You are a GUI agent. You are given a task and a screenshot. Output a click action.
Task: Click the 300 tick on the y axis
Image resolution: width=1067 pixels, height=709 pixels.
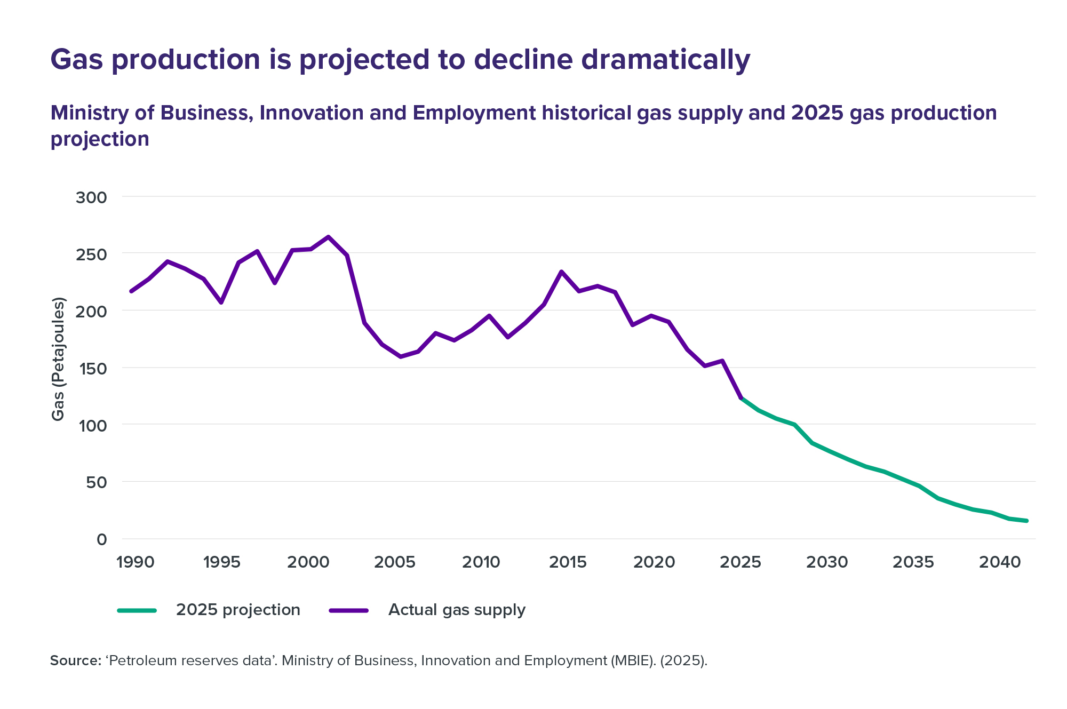pyautogui.click(x=91, y=197)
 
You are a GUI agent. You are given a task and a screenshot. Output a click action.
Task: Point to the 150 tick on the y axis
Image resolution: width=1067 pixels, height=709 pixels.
pyautogui.click(x=91, y=368)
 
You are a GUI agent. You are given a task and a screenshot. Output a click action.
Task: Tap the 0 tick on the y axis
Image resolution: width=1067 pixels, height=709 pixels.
pyautogui.click(x=102, y=539)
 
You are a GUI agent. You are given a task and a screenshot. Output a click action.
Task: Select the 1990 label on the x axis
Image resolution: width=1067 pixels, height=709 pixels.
pyautogui.click(x=136, y=562)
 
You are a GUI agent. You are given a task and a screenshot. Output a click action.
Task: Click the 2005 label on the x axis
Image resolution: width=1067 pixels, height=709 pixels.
pyautogui.click(x=395, y=562)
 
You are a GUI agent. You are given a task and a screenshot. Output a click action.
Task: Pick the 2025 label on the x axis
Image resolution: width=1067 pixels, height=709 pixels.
pyautogui.click(x=740, y=562)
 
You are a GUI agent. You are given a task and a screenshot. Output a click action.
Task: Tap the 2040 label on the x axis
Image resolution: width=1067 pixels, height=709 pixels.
pyautogui.click(x=1000, y=562)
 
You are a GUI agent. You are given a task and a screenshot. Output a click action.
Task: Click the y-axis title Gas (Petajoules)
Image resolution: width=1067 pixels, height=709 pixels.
pyautogui.click(x=58, y=359)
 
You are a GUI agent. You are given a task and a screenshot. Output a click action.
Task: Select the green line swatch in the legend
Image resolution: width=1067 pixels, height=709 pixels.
pyautogui.click(x=137, y=610)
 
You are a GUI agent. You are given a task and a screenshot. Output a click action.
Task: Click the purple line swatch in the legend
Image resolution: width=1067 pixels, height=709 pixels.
pyautogui.click(x=349, y=610)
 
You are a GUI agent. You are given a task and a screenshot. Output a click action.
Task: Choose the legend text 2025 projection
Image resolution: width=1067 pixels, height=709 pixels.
pyautogui.click(x=238, y=610)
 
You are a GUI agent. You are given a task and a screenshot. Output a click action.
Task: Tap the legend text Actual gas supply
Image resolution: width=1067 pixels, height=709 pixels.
pyautogui.click(x=457, y=610)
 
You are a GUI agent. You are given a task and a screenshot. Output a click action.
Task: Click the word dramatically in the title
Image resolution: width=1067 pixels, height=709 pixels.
pyautogui.click(x=665, y=60)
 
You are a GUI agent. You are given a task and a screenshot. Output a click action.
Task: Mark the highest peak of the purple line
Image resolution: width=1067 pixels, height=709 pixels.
pyautogui.click(x=328, y=237)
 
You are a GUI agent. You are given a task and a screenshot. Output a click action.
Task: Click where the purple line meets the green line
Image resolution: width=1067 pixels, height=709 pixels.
pyautogui.click(x=741, y=398)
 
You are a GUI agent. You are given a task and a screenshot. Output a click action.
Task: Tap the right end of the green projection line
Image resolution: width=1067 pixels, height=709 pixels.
pyautogui.click(x=1026, y=521)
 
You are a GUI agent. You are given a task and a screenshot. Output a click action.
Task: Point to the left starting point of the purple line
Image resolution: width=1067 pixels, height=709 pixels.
pyautogui.click(x=131, y=291)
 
